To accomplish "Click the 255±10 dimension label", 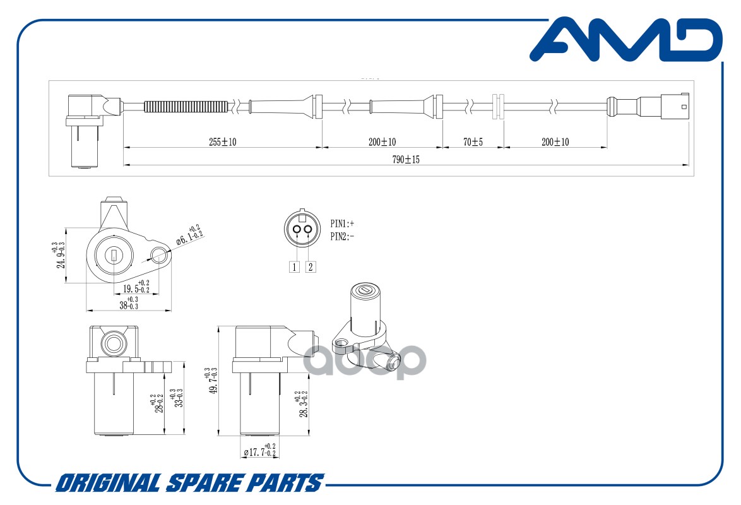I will click(223, 142).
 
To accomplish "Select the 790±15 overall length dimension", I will click(406, 160).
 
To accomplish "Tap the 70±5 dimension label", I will click(473, 142).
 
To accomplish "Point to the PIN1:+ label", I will click(342, 223).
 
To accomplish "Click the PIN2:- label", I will click(342, 237).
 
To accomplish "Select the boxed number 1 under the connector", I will click(294, 266).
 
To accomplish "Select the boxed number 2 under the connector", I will click(310, 266).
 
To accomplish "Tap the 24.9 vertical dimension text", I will click(61, 256).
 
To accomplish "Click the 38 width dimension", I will click(129, 304).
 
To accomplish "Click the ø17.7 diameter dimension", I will click(259, 452).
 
